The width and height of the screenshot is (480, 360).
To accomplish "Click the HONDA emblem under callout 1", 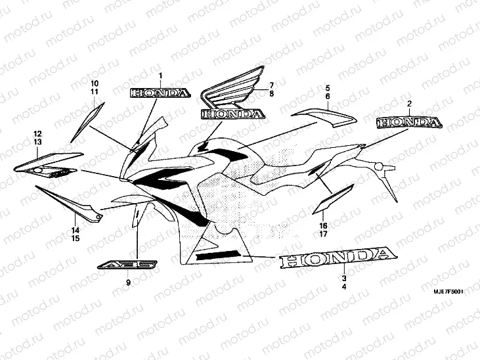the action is point(160,93).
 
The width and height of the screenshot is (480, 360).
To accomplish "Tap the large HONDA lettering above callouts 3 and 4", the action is point(337,259).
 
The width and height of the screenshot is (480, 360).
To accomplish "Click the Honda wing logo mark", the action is point(232,97).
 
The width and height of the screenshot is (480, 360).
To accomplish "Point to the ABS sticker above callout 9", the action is point(129,265).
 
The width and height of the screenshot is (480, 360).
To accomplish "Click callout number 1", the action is point(160,77).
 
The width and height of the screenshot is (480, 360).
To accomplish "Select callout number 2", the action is point(408,104).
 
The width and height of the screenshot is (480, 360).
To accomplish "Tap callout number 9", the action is point(129,282).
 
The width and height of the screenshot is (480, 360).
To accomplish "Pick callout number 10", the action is point(95,83).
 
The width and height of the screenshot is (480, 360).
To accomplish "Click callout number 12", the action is point(37,134).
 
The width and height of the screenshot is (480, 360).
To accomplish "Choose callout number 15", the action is point(76,238).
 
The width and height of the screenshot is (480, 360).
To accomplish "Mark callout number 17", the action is point(324,233).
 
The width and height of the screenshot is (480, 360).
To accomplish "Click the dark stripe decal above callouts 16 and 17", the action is point(326,202).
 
